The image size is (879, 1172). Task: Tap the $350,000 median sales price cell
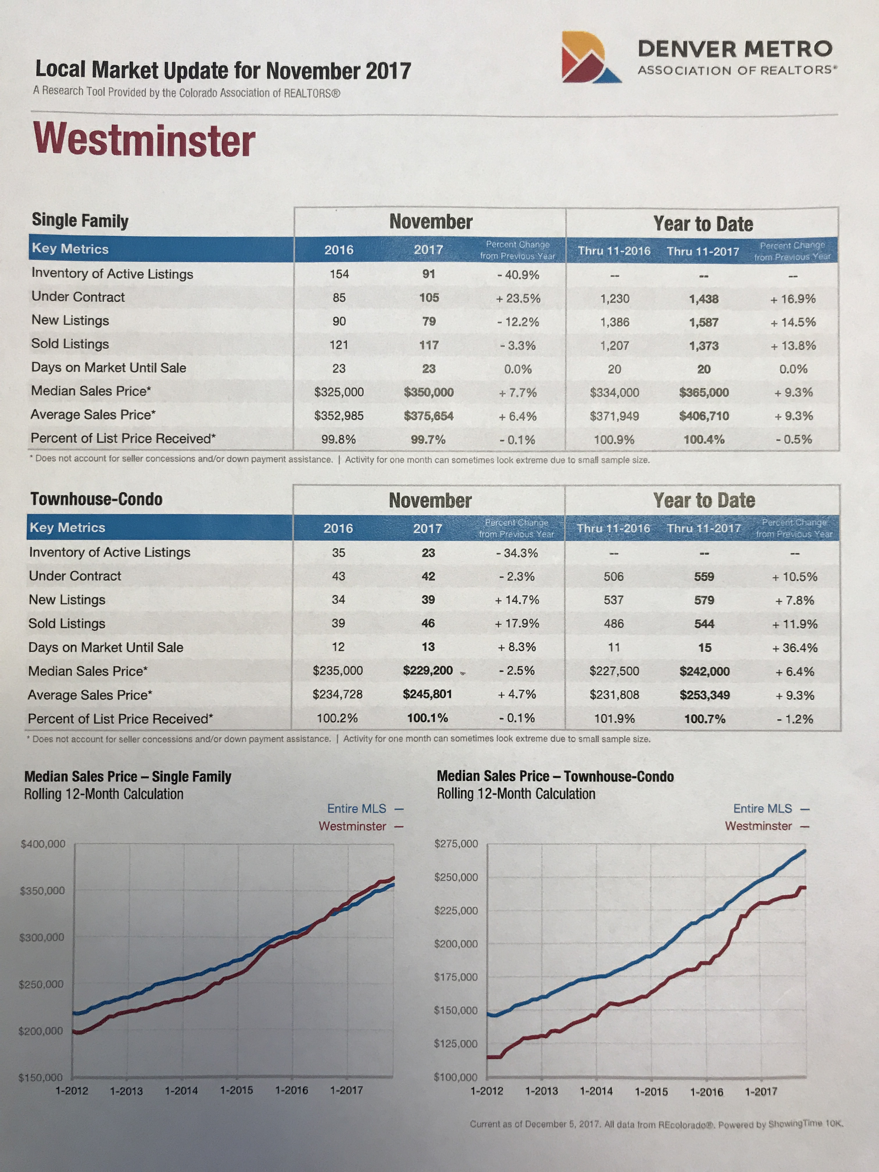point(429,392)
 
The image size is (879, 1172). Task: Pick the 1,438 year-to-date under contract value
point(704,299)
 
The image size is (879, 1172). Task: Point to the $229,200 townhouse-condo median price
point(428,670)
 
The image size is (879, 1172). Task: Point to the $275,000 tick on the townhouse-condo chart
point(456,844)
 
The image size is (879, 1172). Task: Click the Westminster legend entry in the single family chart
point(352,826)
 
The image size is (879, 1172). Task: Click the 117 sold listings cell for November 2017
point(429,345)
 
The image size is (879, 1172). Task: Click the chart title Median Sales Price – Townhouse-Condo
point(555,777)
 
